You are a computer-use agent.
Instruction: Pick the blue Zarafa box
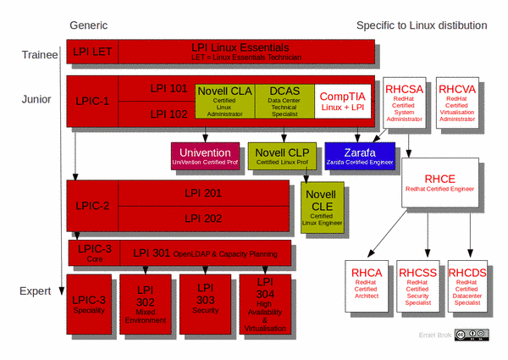[x=360, y=157]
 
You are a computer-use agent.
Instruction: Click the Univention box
[x=205, y=156]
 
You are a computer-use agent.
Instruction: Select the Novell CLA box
[x=225, y=101]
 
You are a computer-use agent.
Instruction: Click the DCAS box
[x=284, y=101]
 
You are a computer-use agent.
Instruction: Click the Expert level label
[x=38, y=291]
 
